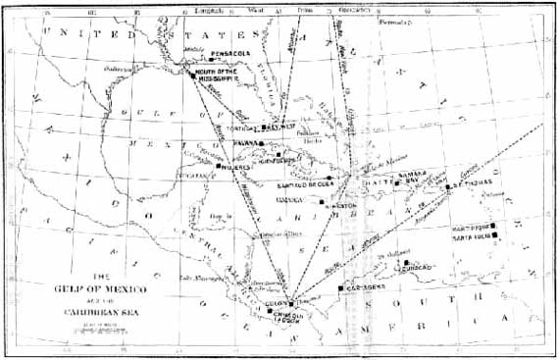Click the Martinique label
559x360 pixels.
[470, 227]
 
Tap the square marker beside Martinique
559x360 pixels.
[495, 227]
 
